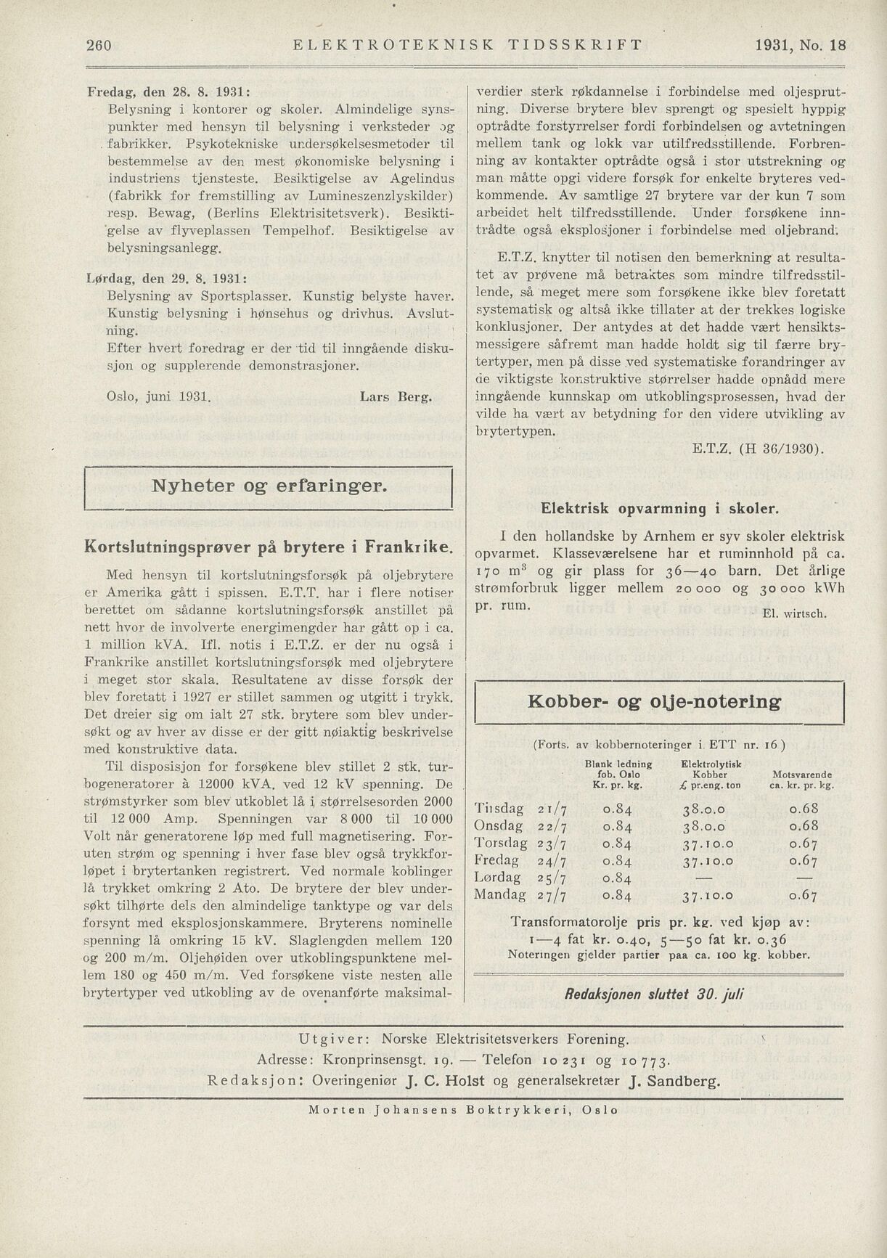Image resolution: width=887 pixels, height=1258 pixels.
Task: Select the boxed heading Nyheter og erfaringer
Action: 269,487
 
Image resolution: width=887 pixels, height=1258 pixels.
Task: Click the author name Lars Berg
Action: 396,397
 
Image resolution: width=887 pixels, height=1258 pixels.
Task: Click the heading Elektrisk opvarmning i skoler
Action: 658,510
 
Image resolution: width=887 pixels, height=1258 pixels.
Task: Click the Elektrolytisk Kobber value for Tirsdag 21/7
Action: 703,809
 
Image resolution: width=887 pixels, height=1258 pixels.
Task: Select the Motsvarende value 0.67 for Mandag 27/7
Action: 804,894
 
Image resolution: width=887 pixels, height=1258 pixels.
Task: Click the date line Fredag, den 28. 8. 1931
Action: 169,94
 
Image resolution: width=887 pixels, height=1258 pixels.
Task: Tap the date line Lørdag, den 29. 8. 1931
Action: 167,278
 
